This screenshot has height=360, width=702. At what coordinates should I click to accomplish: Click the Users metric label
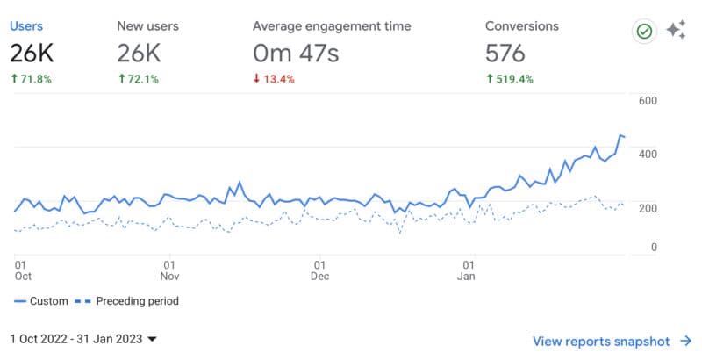(26, 26)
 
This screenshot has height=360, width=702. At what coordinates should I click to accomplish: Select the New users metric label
(147, 26)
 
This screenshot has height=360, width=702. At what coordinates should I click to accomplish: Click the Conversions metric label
(522, 26)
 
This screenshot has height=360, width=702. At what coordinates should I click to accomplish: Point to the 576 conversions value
(505, 54)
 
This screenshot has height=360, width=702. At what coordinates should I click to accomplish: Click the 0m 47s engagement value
(295, 54)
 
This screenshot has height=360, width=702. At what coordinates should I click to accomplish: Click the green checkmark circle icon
(645, 32)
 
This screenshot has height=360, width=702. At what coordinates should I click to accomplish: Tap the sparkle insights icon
(675, 31)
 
